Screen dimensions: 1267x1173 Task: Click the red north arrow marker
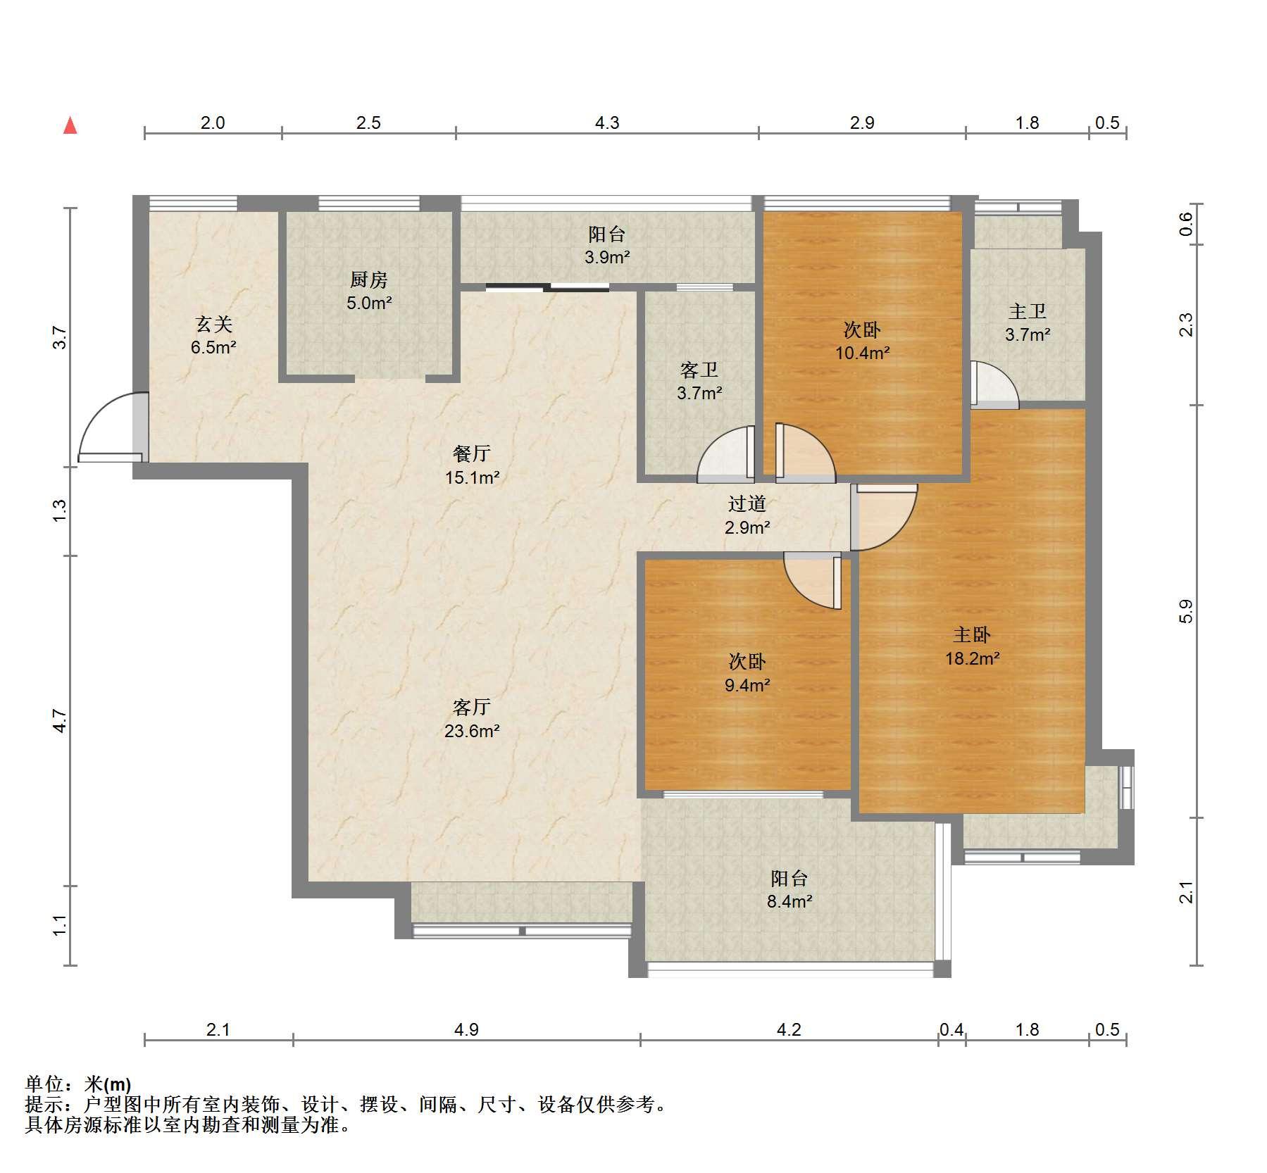[x=70, y=125]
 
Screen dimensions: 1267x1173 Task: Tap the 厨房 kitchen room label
[x=368, y=280]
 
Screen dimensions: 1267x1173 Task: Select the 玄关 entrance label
[x=213, y=324]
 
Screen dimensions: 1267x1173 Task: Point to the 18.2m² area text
[x=972, y=658]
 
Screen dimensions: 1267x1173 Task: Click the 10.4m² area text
[x=862, y=353]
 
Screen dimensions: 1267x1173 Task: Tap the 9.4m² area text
[x=747, y=684]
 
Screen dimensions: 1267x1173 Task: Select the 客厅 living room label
[x=472, y=707]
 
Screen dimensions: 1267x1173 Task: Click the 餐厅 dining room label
[x=472, y=453]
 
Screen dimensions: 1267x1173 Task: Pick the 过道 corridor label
[x=747, y=503]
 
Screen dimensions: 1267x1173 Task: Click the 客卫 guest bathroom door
[x=726, y=455]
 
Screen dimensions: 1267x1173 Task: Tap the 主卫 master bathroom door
[x=994, y=384]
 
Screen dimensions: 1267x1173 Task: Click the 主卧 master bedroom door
[x=884, y=517]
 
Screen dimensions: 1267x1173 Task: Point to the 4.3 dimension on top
[x=607, y=123]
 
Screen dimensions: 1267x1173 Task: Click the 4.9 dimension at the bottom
[x=466, y=1029]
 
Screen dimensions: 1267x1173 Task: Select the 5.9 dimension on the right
[x=1186, y=611]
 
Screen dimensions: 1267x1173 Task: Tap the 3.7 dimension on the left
[x=61, y=337]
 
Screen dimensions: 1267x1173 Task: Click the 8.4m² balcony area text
[x=789, y=901]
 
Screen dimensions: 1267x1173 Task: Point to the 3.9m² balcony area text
[x=607, y=257]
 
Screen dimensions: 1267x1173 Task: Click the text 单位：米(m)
[x=78, y=1084]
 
